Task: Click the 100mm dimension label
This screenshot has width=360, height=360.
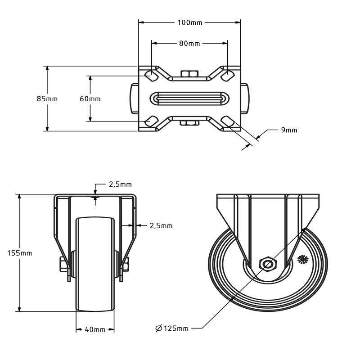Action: click(x=189, y=22)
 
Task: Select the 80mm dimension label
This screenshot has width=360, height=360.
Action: click(x=189, y=44)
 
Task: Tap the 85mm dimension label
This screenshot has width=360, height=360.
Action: click(x=47, y=99)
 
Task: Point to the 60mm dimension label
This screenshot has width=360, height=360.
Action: click(x=90, y=99)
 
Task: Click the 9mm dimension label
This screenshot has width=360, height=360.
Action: click(x=289, y=130)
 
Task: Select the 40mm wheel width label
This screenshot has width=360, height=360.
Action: click(x=95, y=330)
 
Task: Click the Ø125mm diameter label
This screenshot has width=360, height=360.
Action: click(x=172, y=328)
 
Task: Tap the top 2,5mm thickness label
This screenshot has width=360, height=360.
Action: click(x=120, y=184)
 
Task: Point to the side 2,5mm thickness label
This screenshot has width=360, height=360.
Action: click(x=161, y=226)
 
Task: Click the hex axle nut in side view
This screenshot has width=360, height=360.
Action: click(x=267, y=264)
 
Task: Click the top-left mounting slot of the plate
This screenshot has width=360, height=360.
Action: click(x=151, y=75)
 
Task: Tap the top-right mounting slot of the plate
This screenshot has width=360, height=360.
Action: click(x=227, y=75)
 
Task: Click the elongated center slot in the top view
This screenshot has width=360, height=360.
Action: click(x=189, y=99)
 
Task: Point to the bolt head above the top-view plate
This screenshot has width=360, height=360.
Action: click(x=189, y=73)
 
